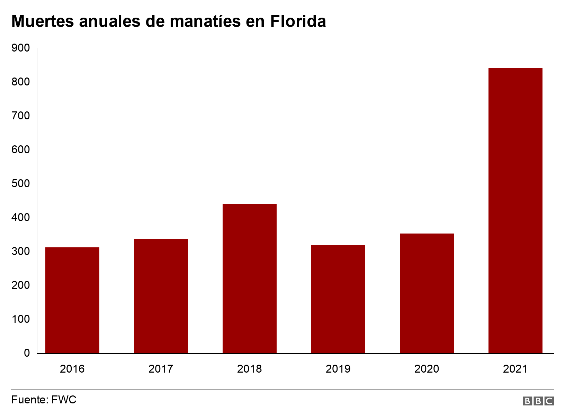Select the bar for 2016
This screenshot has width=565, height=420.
pyautogui.click(x=72, y=300)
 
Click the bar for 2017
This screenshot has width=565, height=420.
pyautogui.click(x=161, y=296)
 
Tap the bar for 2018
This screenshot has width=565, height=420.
pyautogui.click(x=250, y=278)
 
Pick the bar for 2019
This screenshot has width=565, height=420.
pyautogui.click(x=338, y=299)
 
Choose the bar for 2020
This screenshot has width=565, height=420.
pyautogui.click(x=427, y=293)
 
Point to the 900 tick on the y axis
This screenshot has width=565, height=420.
pyautogui.click(x=21, y=48)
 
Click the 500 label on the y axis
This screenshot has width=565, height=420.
pyautogui.click(x=21, y=183)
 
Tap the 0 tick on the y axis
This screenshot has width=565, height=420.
pyautogui.click(x=27, y=353)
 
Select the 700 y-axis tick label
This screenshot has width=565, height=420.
pyautogui.click(x=21, y=116)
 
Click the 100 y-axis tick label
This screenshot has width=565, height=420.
pyautogui.click(x=21, y=319)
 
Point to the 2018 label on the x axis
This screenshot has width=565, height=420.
pyautogui.click(x=250, y=369)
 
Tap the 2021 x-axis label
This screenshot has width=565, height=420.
pyautogui.click(x=515, y=369)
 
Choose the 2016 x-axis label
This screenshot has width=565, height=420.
pyautogui.click(x=72, y=369)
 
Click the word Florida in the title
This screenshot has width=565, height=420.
pyautogui.click(x=298, y=21)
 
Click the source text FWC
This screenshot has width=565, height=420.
pyautogui.click(x=64, y=400)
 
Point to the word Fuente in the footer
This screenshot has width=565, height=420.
pyautogui.click(x=29, y=400)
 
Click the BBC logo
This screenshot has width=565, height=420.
pyautogui.click(x=538, y=401)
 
